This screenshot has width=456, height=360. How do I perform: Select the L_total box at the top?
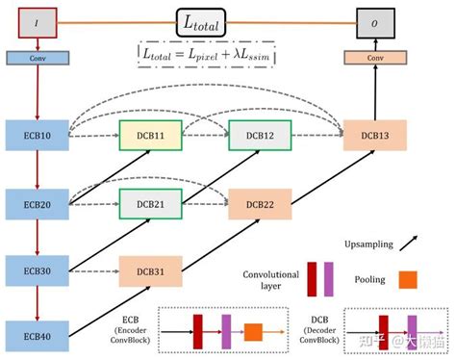point(203,21)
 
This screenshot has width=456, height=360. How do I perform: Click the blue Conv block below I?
point(36,59)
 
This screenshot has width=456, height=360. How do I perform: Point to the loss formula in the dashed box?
point(204,55)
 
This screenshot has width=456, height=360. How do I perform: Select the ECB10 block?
point(36,136)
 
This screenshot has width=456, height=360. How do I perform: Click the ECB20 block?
point(36,204)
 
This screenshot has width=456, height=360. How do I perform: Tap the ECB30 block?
point(36,270)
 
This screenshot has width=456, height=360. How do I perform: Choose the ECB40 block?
point(36,336)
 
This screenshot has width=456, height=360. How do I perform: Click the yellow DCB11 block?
point(150,136)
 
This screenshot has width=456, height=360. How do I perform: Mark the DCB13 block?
point(376,136)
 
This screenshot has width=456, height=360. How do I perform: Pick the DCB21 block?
point(150,204)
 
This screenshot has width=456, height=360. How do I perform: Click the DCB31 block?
point(150,270)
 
